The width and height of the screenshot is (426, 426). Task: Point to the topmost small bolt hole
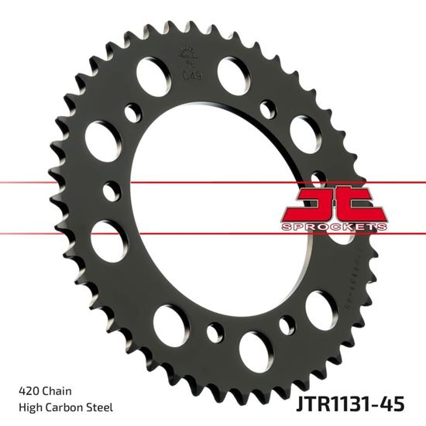click(x=268, y=105)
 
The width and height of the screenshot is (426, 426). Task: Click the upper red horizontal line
click(x=77, y=183)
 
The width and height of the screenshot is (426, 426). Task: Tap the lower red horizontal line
click(x=77, y=232)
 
